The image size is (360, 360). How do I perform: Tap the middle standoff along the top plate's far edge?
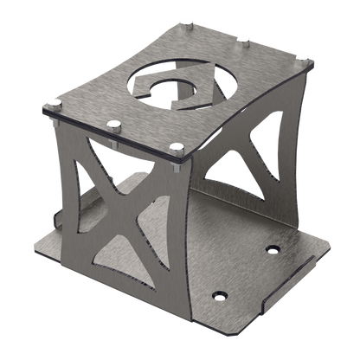244,38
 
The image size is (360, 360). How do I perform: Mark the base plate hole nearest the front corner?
218,295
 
